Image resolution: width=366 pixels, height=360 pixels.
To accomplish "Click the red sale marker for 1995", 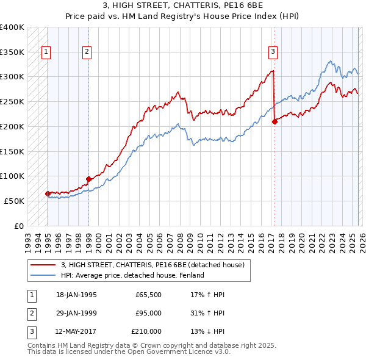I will click(x=48, y=193).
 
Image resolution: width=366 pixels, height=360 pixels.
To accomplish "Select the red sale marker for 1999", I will click(x=88, y=179).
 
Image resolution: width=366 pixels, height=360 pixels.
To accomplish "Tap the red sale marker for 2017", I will click(x=274, y=121).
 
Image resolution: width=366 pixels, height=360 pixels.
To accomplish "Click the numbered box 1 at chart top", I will click(x=46, y=52).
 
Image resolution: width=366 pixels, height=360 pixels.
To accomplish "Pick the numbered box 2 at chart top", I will click(x=87, y=52).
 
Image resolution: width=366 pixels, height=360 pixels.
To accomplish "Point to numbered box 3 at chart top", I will click(x=273, y=52).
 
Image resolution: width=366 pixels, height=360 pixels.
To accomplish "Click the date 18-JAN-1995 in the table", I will click(x=76, y=295).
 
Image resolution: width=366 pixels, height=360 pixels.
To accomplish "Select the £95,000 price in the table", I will click(x=148, y=313).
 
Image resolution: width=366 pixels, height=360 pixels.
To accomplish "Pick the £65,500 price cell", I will click(x=148, y=295).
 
